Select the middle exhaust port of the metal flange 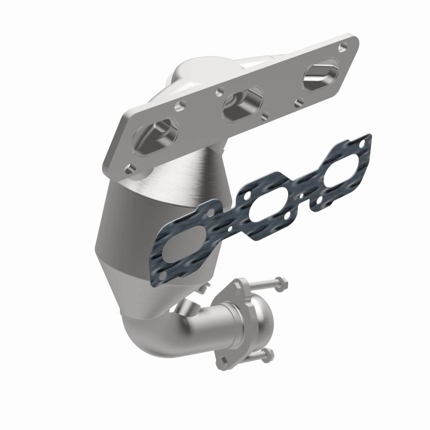click(x=239, y=103)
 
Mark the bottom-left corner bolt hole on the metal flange click(x=129, y=168)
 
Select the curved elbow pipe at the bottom click(x=156, y=333)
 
